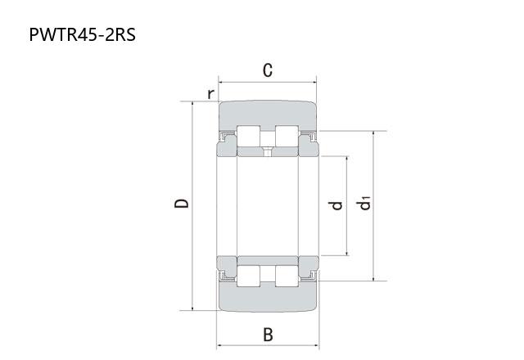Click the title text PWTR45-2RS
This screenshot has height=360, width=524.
(x=83, y=34)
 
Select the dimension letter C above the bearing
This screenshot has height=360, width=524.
(x=268, y=70)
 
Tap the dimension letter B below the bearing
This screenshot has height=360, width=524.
(x=268, y=335)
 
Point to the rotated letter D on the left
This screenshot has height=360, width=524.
(x=182, y=203)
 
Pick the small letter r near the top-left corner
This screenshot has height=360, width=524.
(x=210, y=94)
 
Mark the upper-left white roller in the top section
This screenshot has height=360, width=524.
(x=248, y=137)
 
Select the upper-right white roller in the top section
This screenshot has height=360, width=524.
(x=287, y=137)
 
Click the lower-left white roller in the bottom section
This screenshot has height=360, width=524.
(x=248, y=277)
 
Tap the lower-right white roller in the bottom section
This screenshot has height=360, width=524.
(x=287, y=277)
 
